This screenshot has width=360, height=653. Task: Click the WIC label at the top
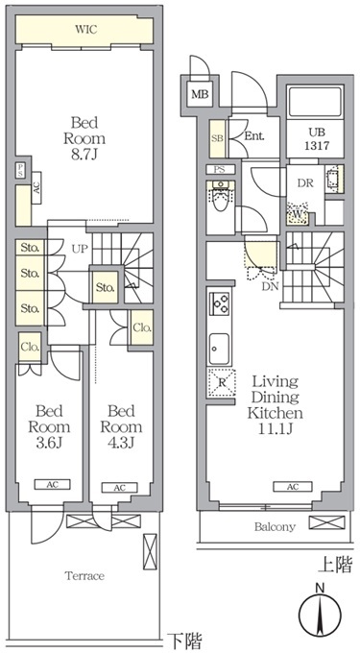(x=86, y=30)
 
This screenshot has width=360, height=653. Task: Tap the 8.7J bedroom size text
(x=84, y=156)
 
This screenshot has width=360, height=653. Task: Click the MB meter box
(x=200, y=94)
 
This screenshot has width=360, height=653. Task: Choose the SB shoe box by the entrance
(x=217, y=139)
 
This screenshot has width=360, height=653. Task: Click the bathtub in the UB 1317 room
(x=315, y=102)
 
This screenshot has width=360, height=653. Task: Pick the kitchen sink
(x=219, y=349)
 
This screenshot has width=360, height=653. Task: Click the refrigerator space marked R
(x=222, y=382)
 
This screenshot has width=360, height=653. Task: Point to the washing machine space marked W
(x=298, y=213)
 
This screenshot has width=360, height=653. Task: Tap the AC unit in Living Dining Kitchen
(x=293, y=487)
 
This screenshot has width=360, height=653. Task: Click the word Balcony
(x=275, y=527)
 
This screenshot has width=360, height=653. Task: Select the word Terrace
(x=84, y=576)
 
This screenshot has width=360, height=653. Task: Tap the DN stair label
(x=271, y=286)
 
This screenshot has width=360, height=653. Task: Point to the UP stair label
(x=79, y=249)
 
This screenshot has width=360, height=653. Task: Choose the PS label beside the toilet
(x=220, y=170)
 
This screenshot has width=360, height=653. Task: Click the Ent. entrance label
(x=254, y=136)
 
